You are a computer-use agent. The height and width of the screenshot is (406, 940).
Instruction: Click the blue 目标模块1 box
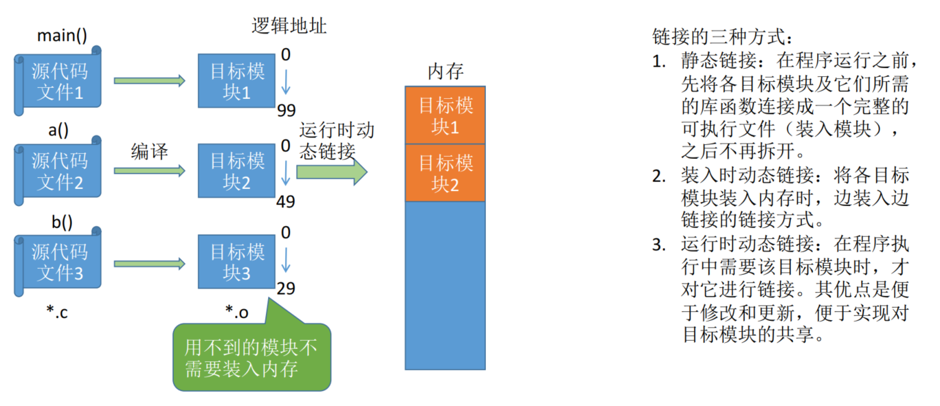(236, 80)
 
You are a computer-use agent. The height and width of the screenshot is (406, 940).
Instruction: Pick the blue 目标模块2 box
(236, 170)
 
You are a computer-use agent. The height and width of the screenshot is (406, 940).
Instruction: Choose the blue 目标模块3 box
(236, 262)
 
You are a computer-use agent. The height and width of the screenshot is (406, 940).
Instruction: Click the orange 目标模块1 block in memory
(445, 115)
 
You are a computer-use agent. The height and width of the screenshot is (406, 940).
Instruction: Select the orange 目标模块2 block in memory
(445, 173)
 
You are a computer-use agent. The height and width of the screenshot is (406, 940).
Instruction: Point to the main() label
(62, 36)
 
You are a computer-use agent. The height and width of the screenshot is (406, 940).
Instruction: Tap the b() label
(62, 222)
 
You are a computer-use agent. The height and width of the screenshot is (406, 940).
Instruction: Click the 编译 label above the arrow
(149, 151)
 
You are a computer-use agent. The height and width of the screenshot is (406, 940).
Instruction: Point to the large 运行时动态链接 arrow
(332, 172)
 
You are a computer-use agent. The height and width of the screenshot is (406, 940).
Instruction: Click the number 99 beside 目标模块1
(287, 111)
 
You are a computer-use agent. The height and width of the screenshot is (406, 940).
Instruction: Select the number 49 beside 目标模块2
(286, 202)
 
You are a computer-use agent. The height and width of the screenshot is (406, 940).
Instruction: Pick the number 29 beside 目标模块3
(286, 289)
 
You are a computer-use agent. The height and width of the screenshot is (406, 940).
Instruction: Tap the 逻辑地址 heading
(289, 26)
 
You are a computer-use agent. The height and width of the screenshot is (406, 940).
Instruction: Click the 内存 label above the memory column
(446, 71)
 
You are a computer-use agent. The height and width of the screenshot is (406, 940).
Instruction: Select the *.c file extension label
(57, 312)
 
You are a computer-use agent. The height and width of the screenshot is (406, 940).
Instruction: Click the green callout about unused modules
(251, 357)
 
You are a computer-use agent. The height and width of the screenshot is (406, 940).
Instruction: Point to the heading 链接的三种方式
(723, 37)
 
